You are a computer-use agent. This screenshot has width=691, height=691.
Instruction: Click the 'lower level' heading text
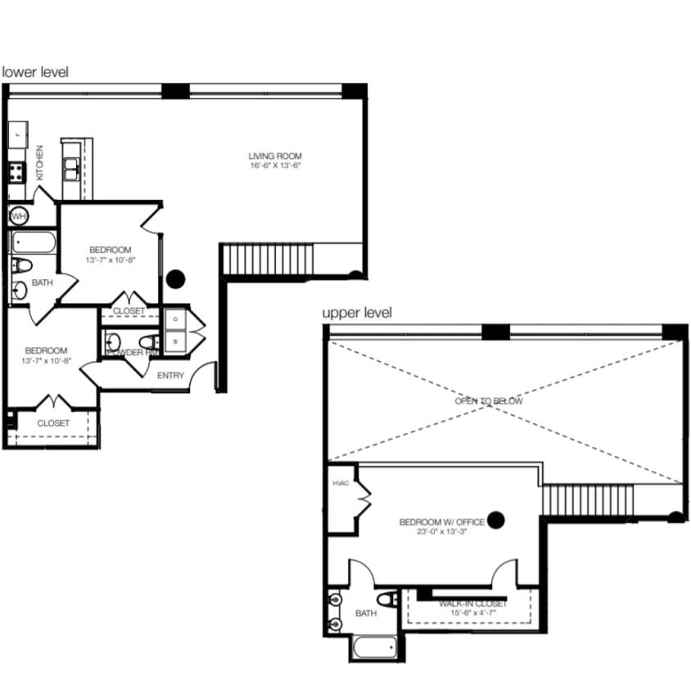coord(35,72)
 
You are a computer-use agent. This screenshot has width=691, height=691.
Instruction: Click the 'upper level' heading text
coord(357,313)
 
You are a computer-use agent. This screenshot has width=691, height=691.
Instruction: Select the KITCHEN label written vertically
coord(39,162)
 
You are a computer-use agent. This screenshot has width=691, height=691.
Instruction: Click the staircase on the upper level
coord(588,500)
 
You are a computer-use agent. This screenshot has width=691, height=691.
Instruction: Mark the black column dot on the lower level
coord(175,279)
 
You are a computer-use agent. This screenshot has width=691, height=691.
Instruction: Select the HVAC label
coord(340,484)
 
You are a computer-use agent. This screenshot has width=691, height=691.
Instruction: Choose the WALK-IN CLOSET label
coord(472,603)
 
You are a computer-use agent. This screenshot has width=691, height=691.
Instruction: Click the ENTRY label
coord(170,376)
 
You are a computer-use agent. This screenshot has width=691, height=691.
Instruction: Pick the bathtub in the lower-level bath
coord(34,242)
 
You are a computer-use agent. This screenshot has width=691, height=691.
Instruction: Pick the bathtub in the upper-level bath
coord(376,648)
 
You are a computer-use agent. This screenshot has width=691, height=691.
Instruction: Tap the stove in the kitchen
coord(17,172)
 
